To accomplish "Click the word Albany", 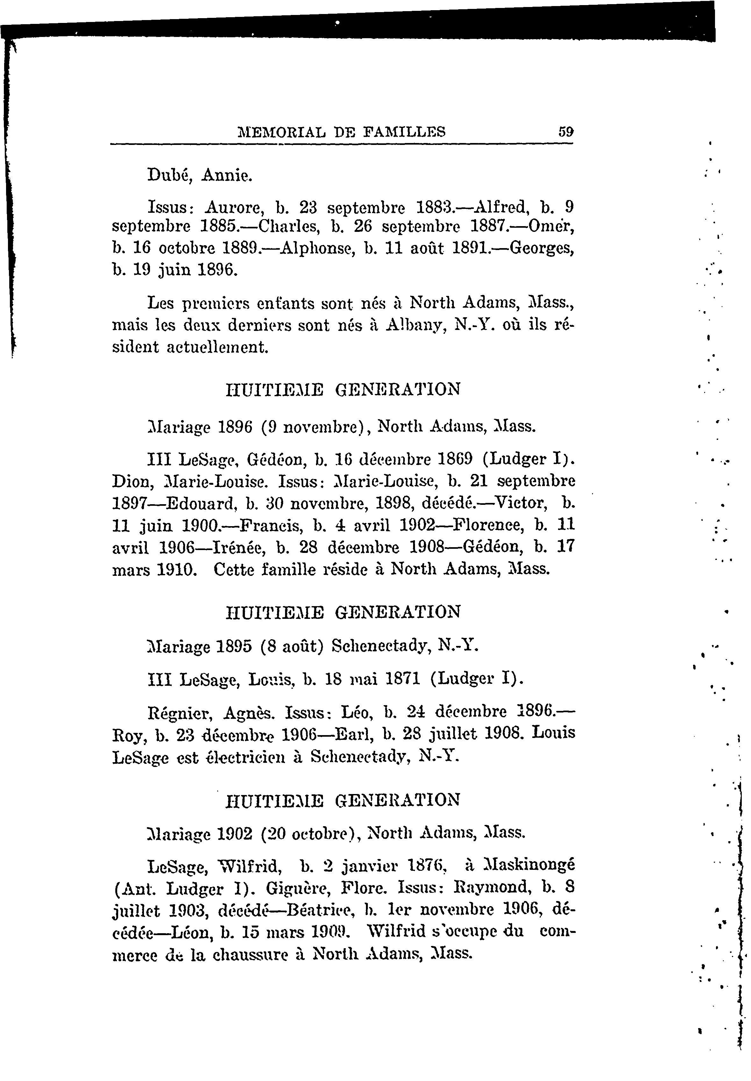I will point(416,325).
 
